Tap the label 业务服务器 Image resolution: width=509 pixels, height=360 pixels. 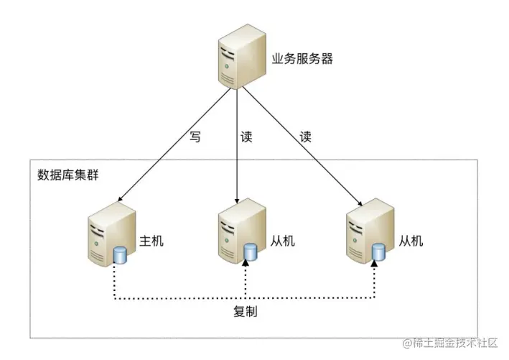(302, 59)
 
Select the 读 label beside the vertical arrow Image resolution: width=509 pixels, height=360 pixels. (247, 137)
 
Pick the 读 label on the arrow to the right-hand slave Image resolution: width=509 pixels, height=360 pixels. (305, 137)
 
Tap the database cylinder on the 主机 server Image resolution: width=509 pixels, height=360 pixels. (120, 254)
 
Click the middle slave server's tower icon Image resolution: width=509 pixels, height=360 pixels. (235, 231)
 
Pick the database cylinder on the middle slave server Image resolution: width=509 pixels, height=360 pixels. (250, 252)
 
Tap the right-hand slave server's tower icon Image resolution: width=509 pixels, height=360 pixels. (363, 231)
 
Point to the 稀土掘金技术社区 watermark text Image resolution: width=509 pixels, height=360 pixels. (457, 344)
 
